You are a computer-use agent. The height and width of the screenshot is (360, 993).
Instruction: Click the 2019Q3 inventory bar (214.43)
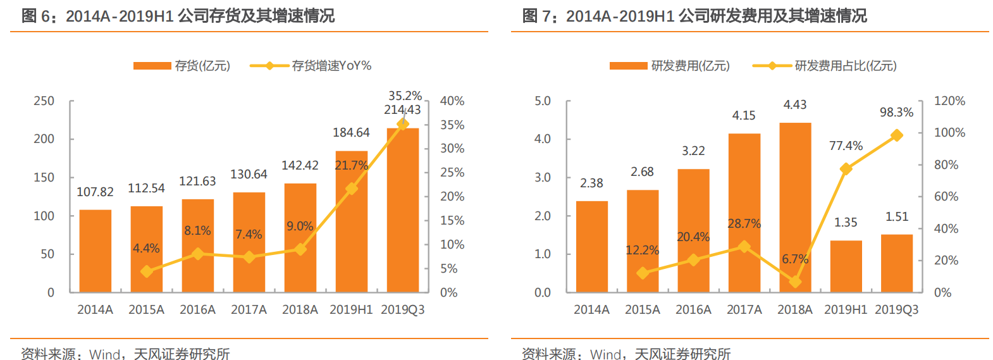point(402,210)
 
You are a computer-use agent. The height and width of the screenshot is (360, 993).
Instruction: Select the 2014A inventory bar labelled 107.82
point(96,251)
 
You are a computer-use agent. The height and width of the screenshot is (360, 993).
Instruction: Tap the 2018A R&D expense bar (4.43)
point(795,208)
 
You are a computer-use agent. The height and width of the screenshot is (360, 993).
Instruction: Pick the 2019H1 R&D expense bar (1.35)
point(846,266)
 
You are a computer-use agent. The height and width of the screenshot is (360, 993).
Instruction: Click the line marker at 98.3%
point(896,135)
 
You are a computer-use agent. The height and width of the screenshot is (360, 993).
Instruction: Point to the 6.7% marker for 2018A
point(795,282)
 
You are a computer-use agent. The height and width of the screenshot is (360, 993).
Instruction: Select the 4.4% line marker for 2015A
point(147,271)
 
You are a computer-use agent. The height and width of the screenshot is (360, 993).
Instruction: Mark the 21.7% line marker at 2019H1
point(352,189)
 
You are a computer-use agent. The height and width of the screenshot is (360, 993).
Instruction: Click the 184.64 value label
point(351,133)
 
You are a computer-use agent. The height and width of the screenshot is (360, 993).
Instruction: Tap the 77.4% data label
point(846,146)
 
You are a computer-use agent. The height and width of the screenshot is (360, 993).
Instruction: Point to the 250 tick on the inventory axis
point(44,101)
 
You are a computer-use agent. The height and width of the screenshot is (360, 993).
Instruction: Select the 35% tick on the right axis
point(452,125)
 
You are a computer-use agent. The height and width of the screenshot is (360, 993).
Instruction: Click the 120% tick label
point(949,101)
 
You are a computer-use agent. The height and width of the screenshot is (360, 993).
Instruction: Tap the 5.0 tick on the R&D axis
point(542,101)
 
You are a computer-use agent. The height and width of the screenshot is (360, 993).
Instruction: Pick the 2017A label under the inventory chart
point(249,310)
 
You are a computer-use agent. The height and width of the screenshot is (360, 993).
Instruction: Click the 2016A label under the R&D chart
point(693,310)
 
